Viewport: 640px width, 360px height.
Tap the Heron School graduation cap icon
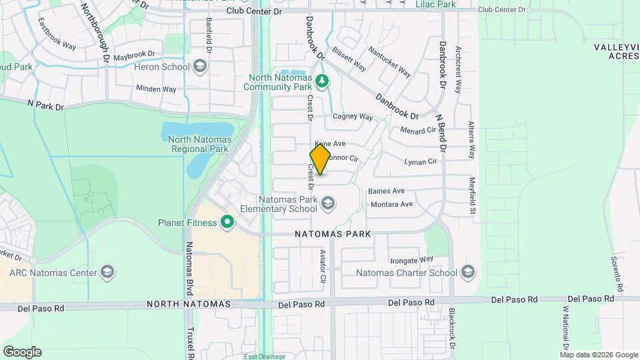pyautogui.click(x=199, y=66)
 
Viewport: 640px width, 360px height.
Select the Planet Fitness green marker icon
pyautogui.click(x=227, y=222)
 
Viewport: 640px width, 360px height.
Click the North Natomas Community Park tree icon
pyautogui.click(x=323, y=81)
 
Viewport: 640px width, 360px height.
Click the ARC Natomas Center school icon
pyautogui.click(x=107, y=272)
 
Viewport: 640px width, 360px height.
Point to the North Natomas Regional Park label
pyautogui.click(x=199, y=144)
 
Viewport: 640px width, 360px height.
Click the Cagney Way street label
pyautogui.click(x=353, y=117)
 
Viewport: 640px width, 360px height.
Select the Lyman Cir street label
pyautogui.click(x=421, y=161)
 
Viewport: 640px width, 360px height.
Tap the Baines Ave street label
pyautogui.click(x=387, y=191)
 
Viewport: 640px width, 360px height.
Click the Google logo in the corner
pyautogui.click(x=22, y=351)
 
